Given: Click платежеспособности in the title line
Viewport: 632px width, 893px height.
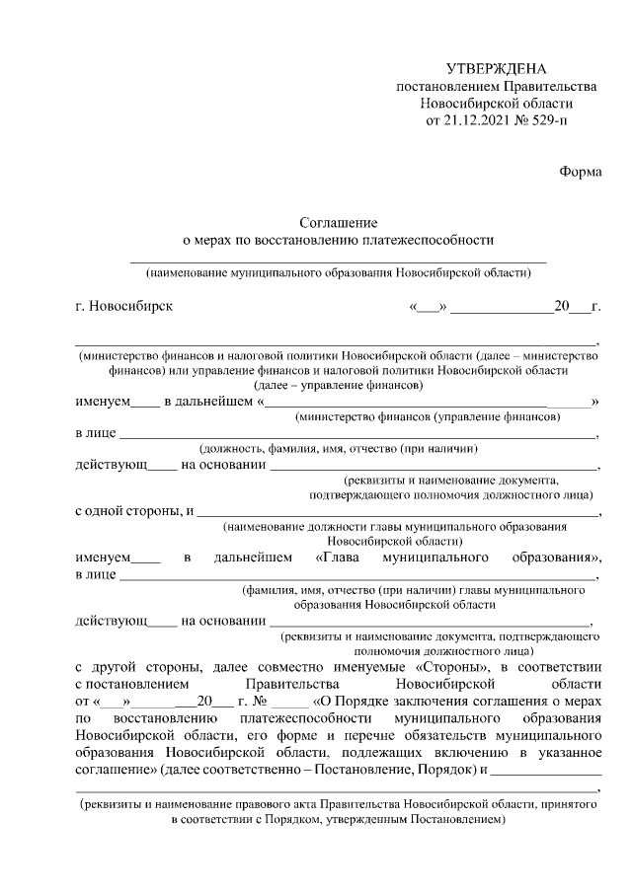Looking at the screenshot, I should tap(432, 240).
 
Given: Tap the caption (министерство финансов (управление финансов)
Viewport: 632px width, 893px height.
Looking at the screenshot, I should tap(429, 416).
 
